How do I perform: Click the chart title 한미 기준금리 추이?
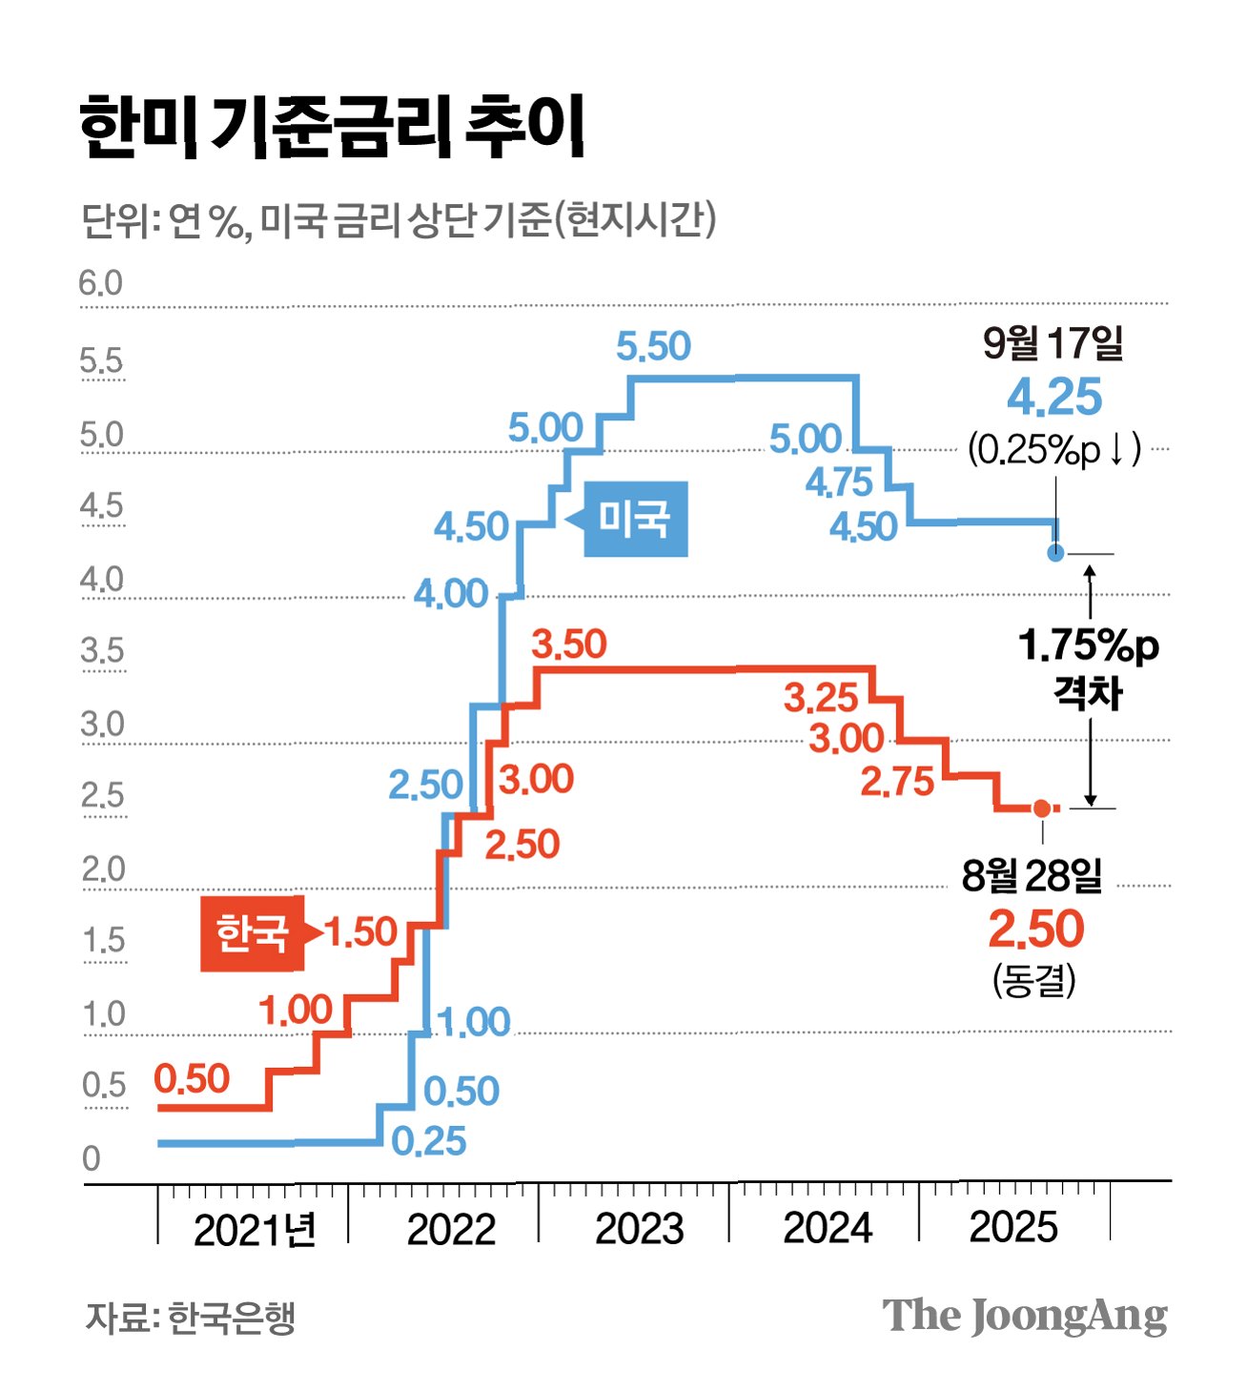pyautogui.click(x=331, y=127)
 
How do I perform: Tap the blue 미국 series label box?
pyautogui.click(x=635, y=520)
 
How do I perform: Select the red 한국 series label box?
pyautogui.click(x=252, y=932)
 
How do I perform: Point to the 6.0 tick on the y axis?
pyautogui.click(x=100, y=284)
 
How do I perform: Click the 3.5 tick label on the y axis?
pyautogui.click(x=102, y=651)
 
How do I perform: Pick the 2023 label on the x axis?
pyautogui.click(x=639, y=1229)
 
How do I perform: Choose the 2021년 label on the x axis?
pyautogui.click(x=255, y=1231)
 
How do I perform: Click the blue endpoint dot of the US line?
pyautogui.click(x=1055, y=553)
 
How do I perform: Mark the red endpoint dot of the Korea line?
pyautogui.click(x=1041, y=808)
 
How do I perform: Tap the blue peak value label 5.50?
pyautogui.click(x=653, y=346)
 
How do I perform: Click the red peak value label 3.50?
pyautogui.click(x=569, y=644)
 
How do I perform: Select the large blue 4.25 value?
pyautogui.click(x=1054, y=398)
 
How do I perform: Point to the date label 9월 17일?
pyautogui.click(x=1053, y=343)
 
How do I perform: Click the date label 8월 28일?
pyautogui.click(x=1032, y=874)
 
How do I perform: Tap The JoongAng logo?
pyautogui.click(x=1024, y=1317)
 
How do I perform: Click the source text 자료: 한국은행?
pyautogui.click(x=191, y=1318)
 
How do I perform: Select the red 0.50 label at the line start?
pyautogui.click(x=192, y=1079)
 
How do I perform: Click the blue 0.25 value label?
pyautogui.click(x=429, y=1141)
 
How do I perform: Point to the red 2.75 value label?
pyautogui.click(x=897, y=782)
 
